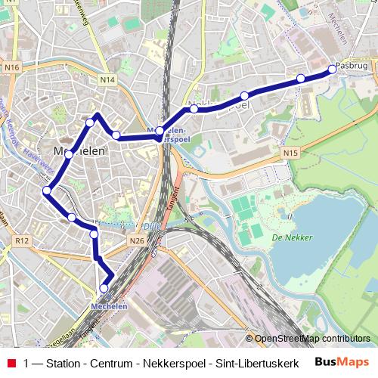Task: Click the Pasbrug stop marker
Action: (x=332, y=70)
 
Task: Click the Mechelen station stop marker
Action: (x=104, y=288)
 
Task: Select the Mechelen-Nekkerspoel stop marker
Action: (x=160, y=131)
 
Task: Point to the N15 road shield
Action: (x=292, y=153)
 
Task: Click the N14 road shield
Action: (x=107, y=79)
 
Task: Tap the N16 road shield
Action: (x=11, y=68)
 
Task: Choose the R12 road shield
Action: (x=21, y=240)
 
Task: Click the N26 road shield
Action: (x=136, y=240)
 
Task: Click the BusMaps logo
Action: (x=337, y=361)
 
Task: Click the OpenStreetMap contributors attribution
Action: (x=313, y=338)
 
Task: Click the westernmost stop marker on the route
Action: (x=47, y=191)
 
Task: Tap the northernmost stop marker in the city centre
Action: (x=90, y=122)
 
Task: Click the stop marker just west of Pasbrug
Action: (x=301, y=79)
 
